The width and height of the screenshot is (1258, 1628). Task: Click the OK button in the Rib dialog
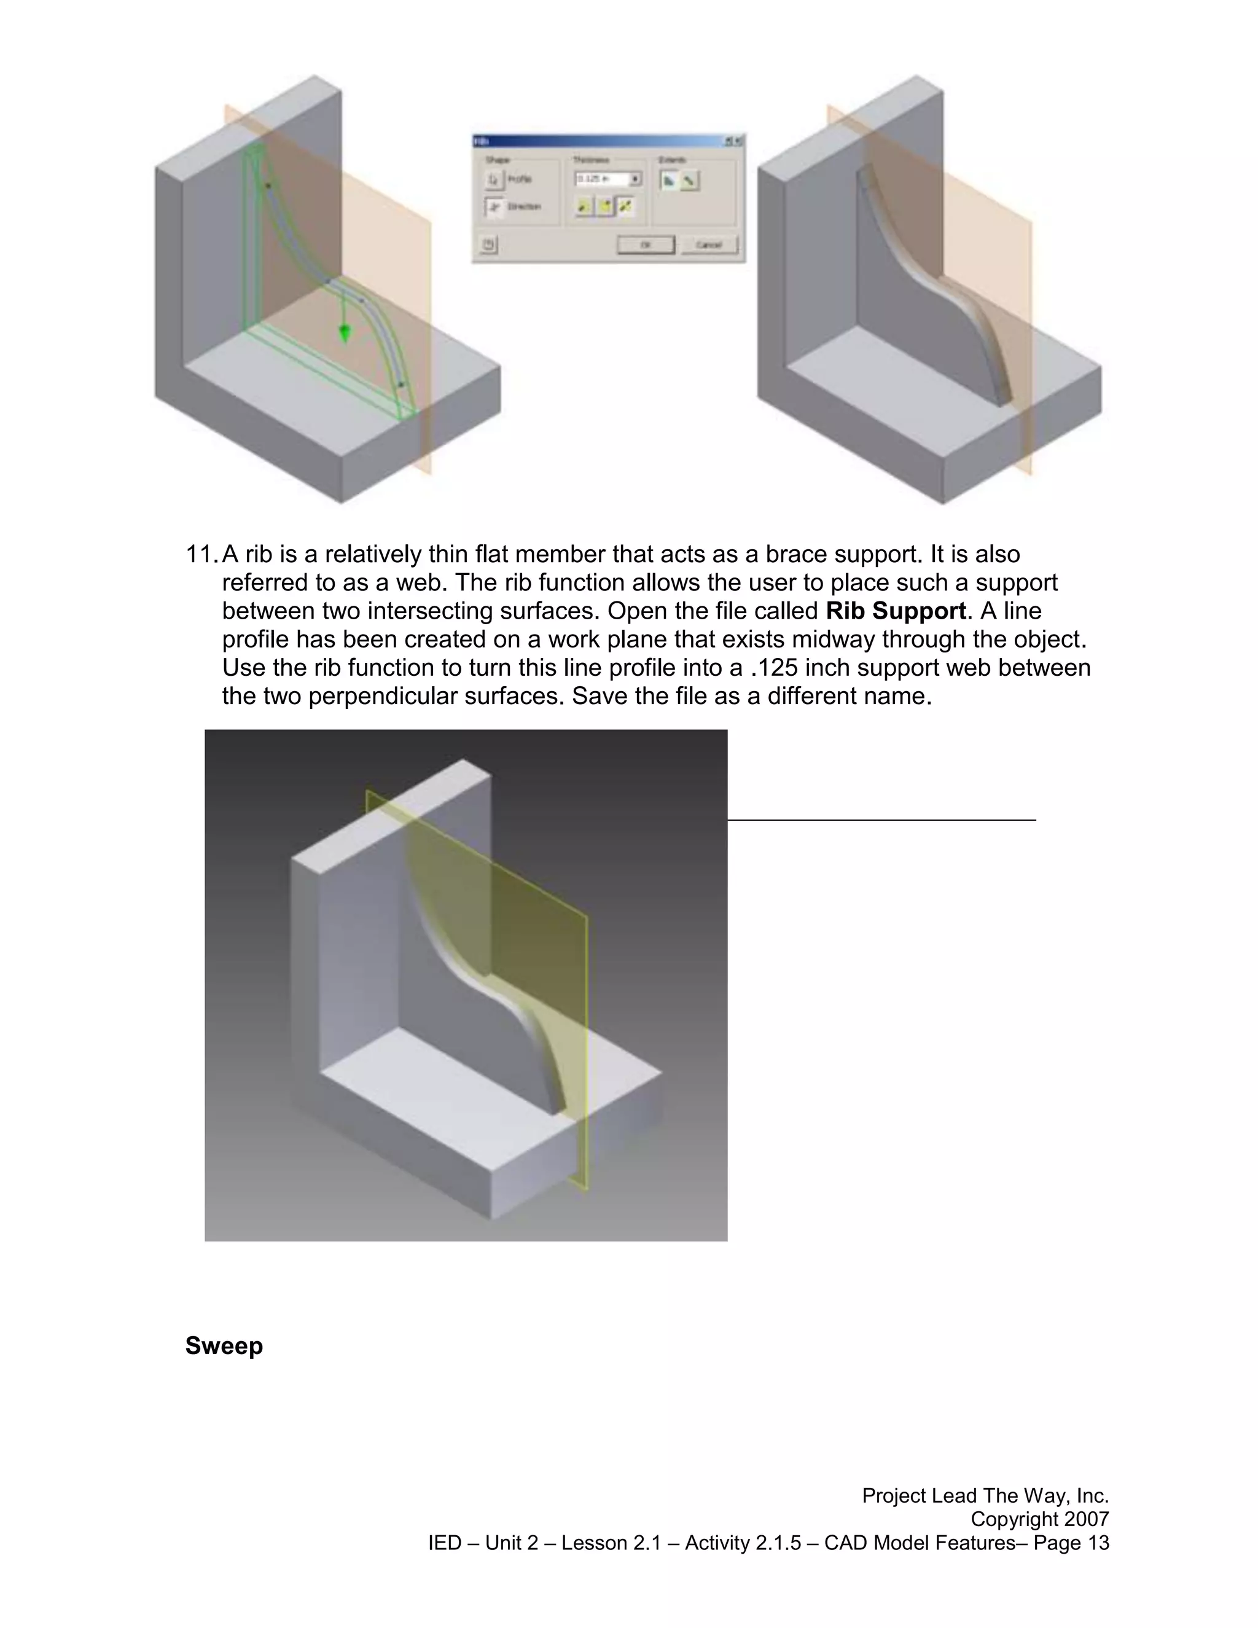[x=646, y=245]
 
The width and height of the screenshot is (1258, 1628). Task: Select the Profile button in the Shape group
[x=494, y=179]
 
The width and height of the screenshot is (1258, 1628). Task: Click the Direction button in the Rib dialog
[x=494, y=206]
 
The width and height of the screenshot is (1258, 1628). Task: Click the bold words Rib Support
[x=896, y=611]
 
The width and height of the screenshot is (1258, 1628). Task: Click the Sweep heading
[x=224, y=1345]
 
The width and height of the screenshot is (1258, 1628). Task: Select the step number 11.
[x=200, y=555]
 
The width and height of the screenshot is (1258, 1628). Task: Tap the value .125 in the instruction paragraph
[x=775, y=668]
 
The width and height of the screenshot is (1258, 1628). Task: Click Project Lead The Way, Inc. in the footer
[x=985, y=1495]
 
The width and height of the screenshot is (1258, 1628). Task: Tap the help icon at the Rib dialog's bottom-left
[x=488, y=245]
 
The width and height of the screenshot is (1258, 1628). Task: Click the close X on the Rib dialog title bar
[x=738, y=141]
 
